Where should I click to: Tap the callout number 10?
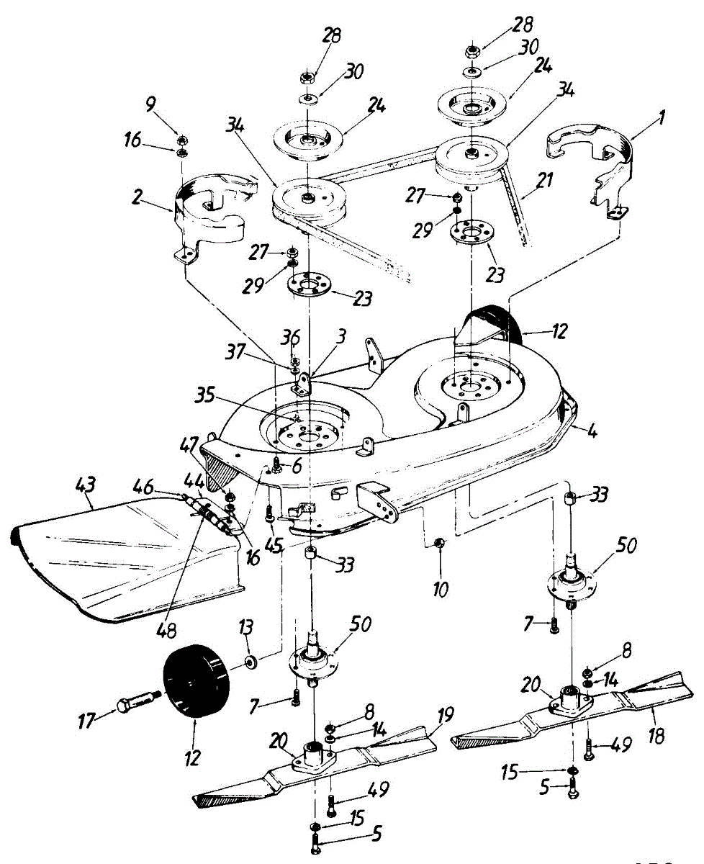coord(441,590)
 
